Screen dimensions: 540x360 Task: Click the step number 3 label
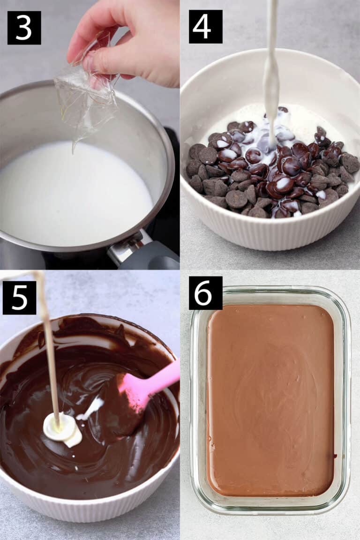[24, 28]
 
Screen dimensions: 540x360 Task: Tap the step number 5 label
[19, 297]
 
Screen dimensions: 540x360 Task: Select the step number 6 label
[205, 293]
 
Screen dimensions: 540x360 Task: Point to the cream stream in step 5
[49, 347]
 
